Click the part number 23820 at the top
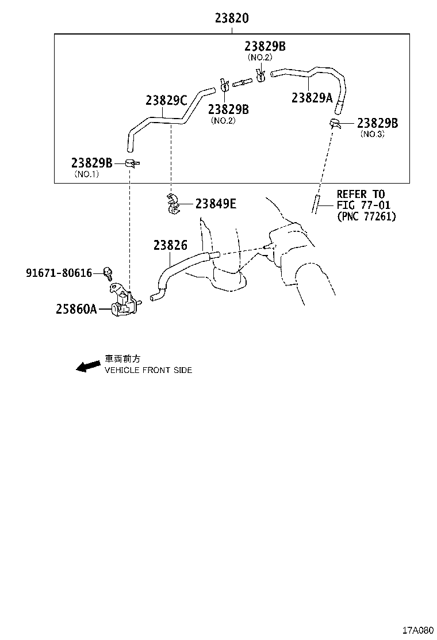pos(232,18)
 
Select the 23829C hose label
pos(166,100)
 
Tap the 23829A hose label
pos(312,97)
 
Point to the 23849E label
pos(216,203)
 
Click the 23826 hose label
pos(170,245)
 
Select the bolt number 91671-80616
pos(59,273)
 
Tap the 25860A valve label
pos(76,309)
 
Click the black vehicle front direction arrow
pos(88,366)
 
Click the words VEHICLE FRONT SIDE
pos(148,370)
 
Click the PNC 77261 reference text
pos(366,216)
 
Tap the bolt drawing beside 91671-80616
pos(108,273)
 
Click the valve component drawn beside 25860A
pos(124,301)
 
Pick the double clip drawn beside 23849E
pos(173,204)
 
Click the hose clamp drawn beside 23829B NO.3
pos(334,123)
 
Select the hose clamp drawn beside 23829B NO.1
pos(132,163)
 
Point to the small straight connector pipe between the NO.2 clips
pos(242,83)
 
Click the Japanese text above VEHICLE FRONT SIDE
pos(122,359)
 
